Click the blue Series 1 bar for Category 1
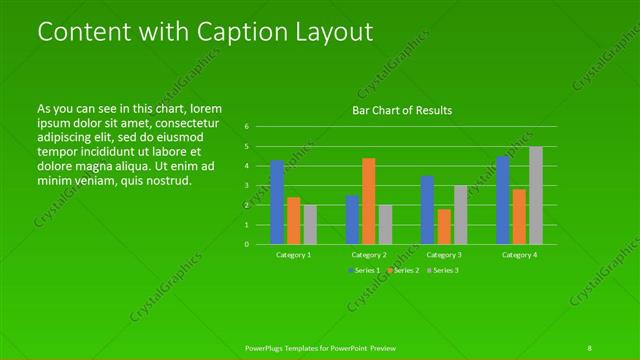[x=277, y=202]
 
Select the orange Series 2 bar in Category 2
[x=369, y=201]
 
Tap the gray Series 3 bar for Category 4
[x=536, y=195]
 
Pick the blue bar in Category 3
[x=427, y=210]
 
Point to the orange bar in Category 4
[x=519, y=216]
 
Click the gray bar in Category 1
[x=310, y=224]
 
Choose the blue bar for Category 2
[x=352, y=220]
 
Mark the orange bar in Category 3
[x=444, y=226]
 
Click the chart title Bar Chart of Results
[x=402, y=110]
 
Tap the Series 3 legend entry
[x=442, y=271]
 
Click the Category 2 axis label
[x=369, y=255]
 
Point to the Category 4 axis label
[x=519, y=255]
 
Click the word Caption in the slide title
[x=223, y=32]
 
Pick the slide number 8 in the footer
[x=590, y=348]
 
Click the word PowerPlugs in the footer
[x=265, y=348]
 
